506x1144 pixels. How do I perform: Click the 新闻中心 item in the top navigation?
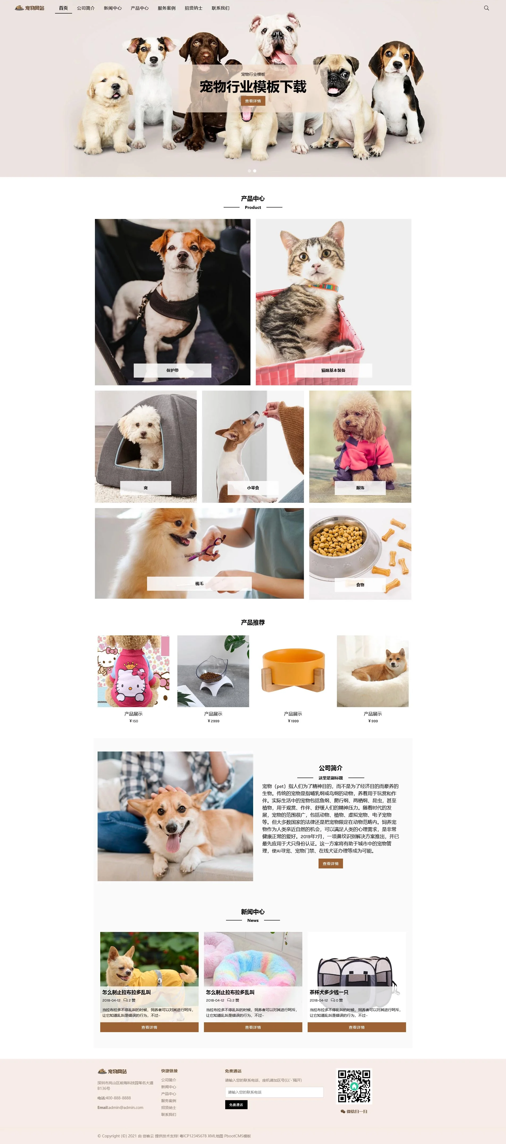pyautogui.click(x=112, y=8)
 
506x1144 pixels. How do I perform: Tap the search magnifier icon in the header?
pyautogui.click(x=486, y=8)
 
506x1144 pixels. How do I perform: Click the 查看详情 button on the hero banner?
pyautogui.click(x=253, y=101)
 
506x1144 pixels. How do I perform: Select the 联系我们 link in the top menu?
pyautogui.click(x=220, y=8)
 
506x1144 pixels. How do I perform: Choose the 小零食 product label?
pyautogui.click(x=253, y=488)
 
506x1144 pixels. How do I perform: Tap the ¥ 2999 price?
pyautogui.click(x=213, y=721)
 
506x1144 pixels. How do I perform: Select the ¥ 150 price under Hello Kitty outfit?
pyautogui.click(x=133, y=721)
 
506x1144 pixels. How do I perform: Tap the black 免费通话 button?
pyautogui.click(x=236, y=1104)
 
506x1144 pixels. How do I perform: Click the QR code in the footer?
pyautogui.click(x=354, y=1086)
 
